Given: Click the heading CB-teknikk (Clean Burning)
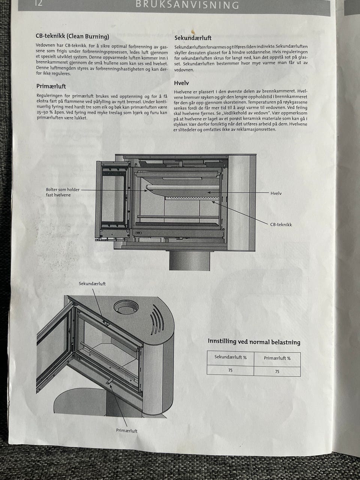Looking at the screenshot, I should [72, 37].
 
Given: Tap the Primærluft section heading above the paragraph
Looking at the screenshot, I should [51, 86].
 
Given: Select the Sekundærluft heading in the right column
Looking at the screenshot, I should [193, 38].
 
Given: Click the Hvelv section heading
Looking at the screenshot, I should [181, 83].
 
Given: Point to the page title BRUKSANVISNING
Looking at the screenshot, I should [187, 5].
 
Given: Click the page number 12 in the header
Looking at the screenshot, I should [38, 4].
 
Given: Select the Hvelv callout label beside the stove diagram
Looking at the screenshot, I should [276, 193].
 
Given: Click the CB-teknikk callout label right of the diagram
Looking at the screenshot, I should [281, 225].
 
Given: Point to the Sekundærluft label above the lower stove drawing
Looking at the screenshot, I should [92, 283].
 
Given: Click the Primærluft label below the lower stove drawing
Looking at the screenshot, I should [126, 431].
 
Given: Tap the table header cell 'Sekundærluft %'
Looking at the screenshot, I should [230, 357].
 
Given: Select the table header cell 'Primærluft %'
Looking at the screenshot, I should [277, 358].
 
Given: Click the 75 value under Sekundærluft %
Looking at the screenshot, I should [230, 370].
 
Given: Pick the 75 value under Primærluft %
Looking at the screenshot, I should [277, 371].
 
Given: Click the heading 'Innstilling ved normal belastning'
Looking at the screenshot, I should [254, 342].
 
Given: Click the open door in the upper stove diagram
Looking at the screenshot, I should [113, 201].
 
